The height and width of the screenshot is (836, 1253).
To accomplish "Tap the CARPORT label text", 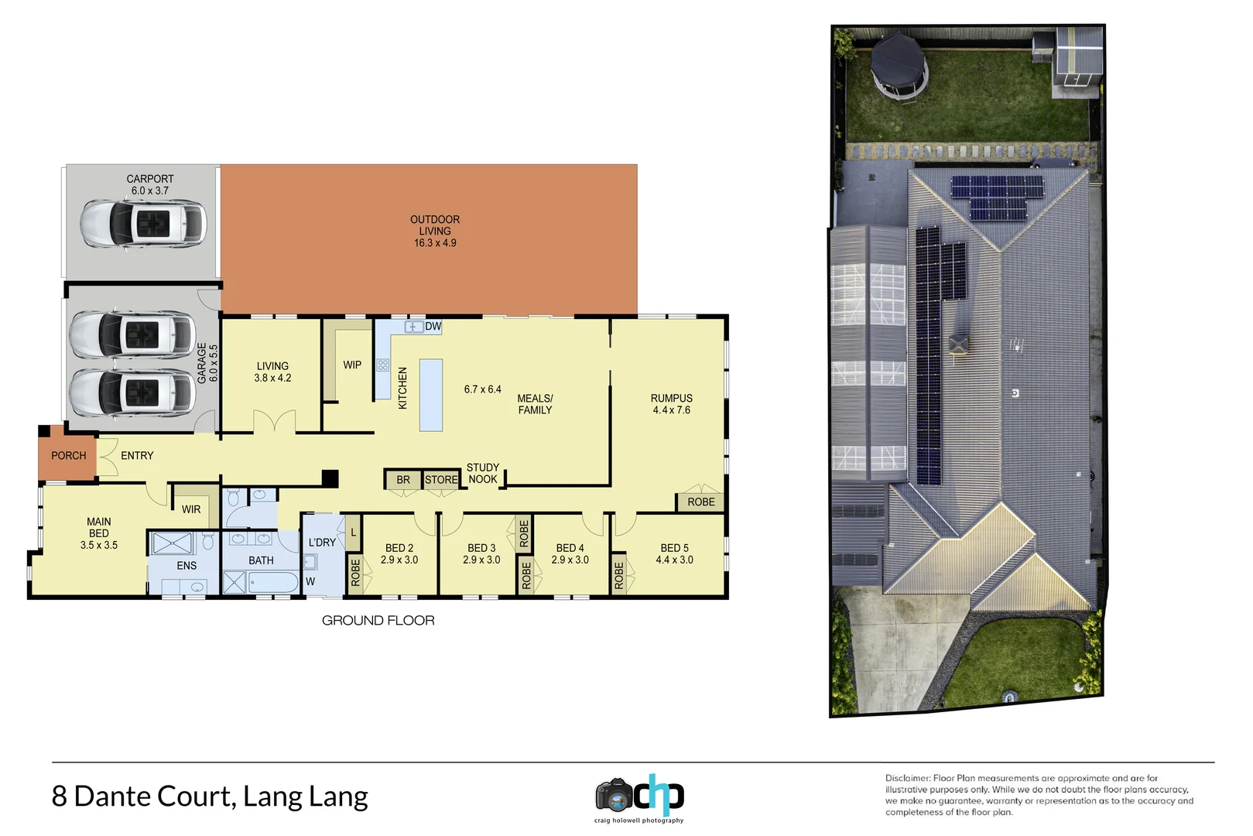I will point(150,179).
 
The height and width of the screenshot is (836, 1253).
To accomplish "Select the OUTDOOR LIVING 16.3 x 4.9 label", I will point(435,231).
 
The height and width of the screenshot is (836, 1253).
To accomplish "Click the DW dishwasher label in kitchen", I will point(433,327).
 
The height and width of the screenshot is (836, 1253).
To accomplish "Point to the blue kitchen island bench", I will point(431,395).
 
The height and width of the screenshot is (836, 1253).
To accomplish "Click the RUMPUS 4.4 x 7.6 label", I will point(671,404).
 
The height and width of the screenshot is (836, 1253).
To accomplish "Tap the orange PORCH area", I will point(68,456).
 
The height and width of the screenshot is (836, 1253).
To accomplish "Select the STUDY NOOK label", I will point(483,473).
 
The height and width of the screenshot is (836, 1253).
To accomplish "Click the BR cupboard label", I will point(403,480).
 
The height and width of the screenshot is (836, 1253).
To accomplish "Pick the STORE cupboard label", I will point(441,480).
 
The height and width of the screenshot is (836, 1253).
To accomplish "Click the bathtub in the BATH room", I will point(272,582).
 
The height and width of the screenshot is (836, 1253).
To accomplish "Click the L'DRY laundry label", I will point(322,542).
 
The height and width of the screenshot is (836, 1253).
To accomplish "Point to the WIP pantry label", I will point(352,365).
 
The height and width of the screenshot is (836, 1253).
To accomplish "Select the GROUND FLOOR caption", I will point(378,620).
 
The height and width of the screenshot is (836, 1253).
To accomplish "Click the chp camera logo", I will point(639,796).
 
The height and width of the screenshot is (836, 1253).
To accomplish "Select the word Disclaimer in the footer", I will point(907,778).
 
